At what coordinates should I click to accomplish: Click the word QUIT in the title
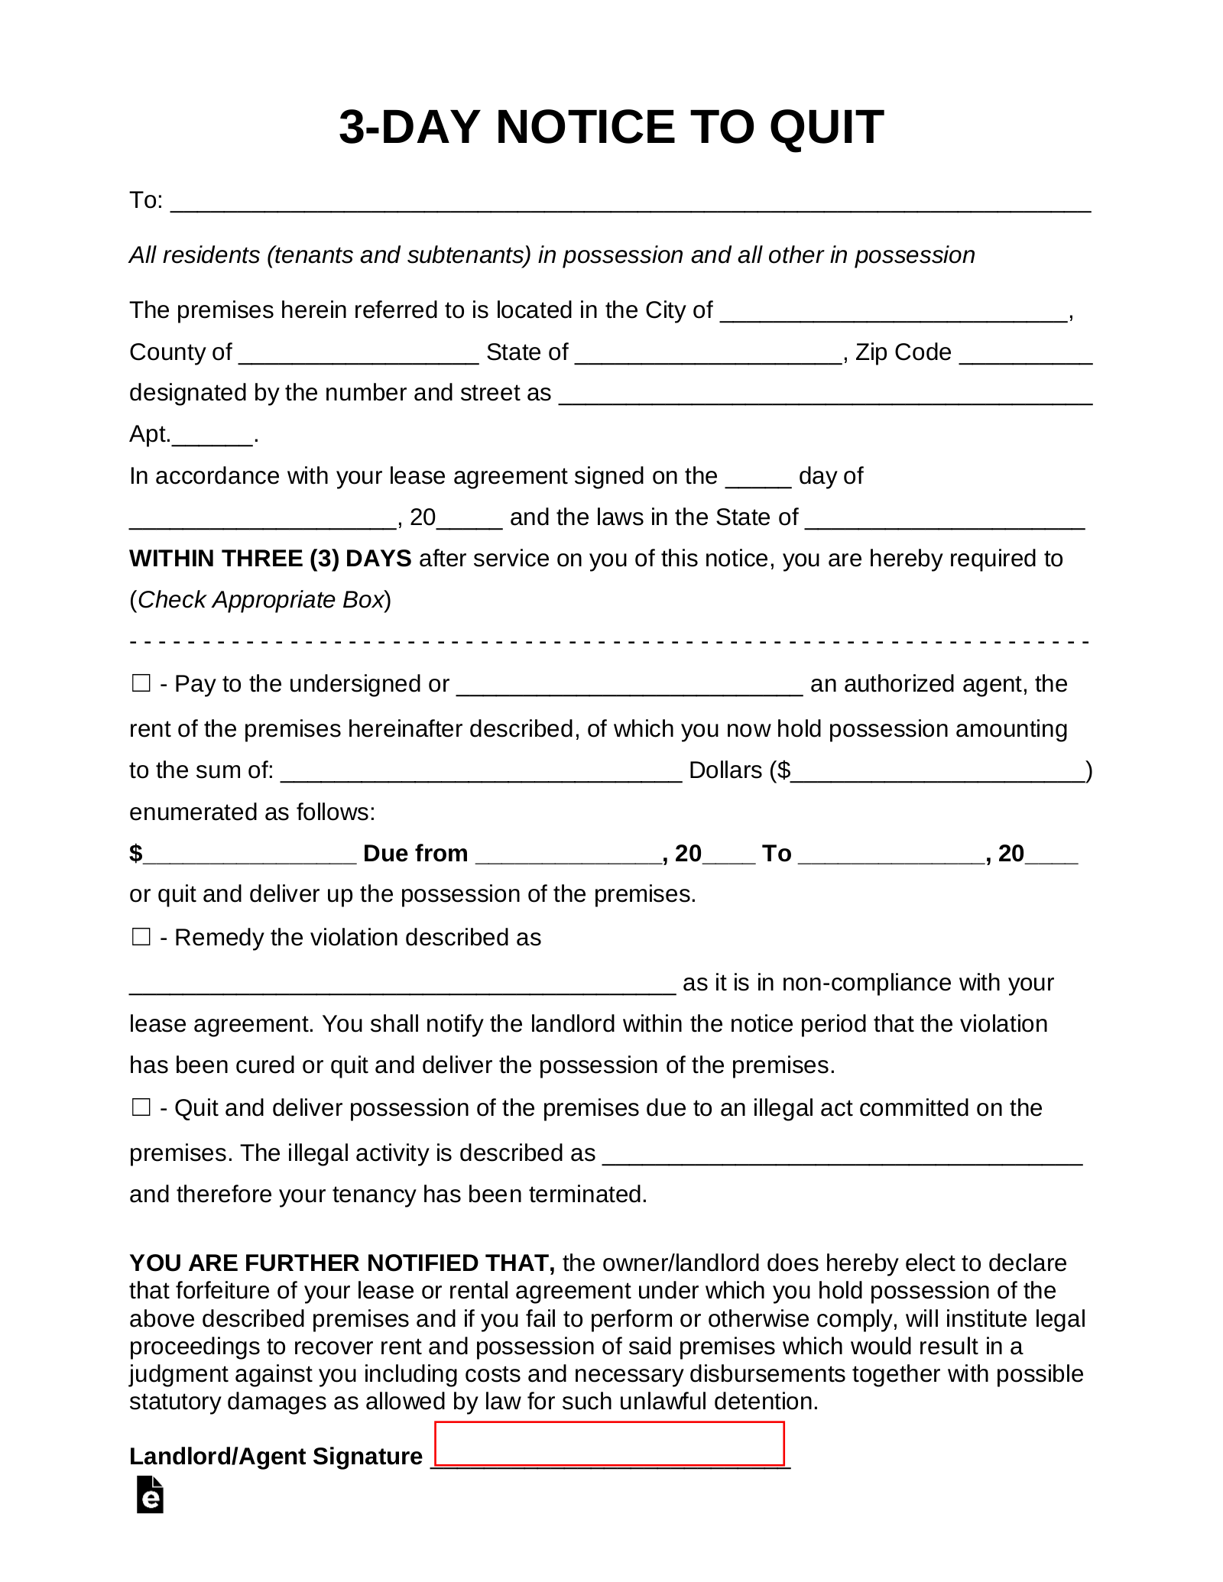[x=826, y=127]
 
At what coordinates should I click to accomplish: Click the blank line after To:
[x=631, y=203]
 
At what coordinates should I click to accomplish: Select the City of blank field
[x=894, y=313]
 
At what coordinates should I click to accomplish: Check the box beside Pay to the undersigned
[x=141, y=683]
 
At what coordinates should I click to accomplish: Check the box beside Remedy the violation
[x=141, y=937]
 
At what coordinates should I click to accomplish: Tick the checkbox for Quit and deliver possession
[x=141, y=1107]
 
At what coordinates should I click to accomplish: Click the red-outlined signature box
[x=609, y=1443]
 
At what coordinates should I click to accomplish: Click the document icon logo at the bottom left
[x=150, y=1495]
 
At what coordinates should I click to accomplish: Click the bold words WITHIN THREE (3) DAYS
[x=271, y=559]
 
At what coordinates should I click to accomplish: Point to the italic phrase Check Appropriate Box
[x=260, y=600]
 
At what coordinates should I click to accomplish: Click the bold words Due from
[x=415, y=854]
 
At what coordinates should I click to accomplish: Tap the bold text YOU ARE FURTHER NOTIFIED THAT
[x=342, y=1263]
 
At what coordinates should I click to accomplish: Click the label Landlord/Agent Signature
[x=275, y=1456]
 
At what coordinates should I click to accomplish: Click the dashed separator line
[x=610, y=642]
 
